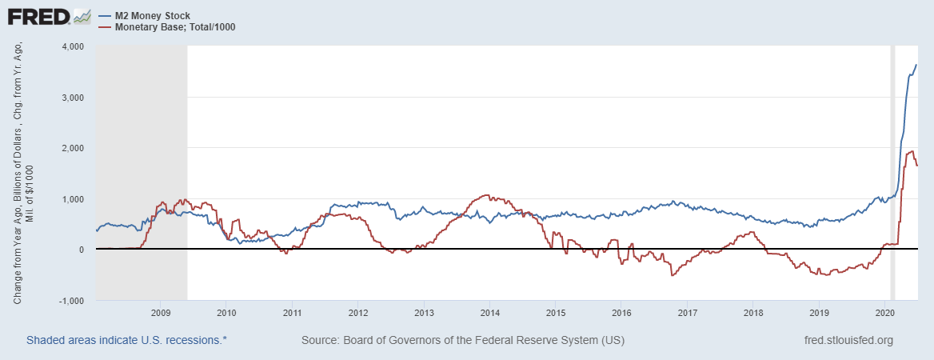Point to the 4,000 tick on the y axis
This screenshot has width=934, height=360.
click(x=73, y=46)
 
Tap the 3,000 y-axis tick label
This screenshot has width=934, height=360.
click(x=73, y=98)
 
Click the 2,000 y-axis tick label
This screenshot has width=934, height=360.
click(x=73, y=148)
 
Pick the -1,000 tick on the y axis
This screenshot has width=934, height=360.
click(x=71, y=301)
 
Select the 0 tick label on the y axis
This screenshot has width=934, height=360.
click(x=82, y=250)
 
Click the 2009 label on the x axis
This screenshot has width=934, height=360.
click(x=161, y=313)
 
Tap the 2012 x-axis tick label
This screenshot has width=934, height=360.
click(x=358, y=313)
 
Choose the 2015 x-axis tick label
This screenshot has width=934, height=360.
click(x=556, y=313)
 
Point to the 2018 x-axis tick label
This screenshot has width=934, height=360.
click(x=753, y=313)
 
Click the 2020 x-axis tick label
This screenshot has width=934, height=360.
click(x=884, y=313)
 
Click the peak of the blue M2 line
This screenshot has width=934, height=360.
click(x=916, y=65)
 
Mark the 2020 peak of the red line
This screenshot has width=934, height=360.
click(x=912, y=151)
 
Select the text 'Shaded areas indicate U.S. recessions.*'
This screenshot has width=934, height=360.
click(x=126, y=340)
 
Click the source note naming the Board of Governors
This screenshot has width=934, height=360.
click(x=462, y=340)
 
